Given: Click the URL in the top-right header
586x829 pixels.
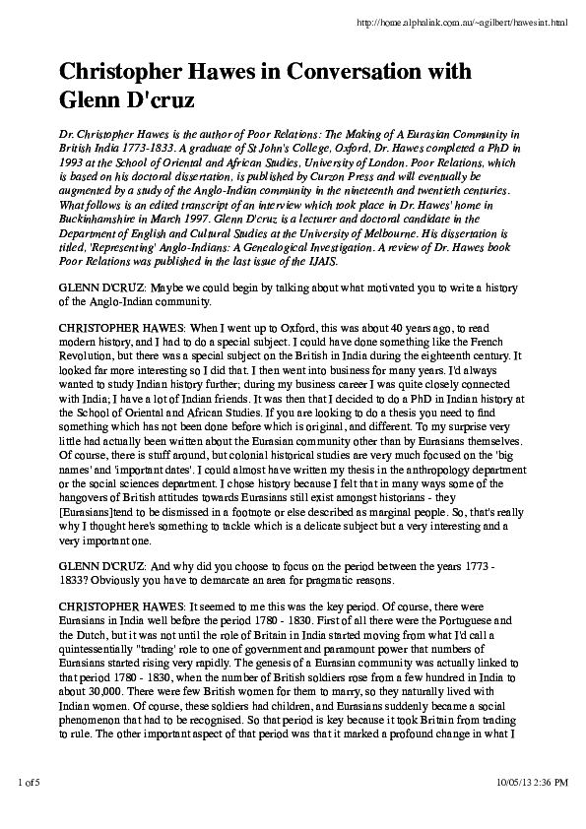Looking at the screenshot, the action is [490, 21].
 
